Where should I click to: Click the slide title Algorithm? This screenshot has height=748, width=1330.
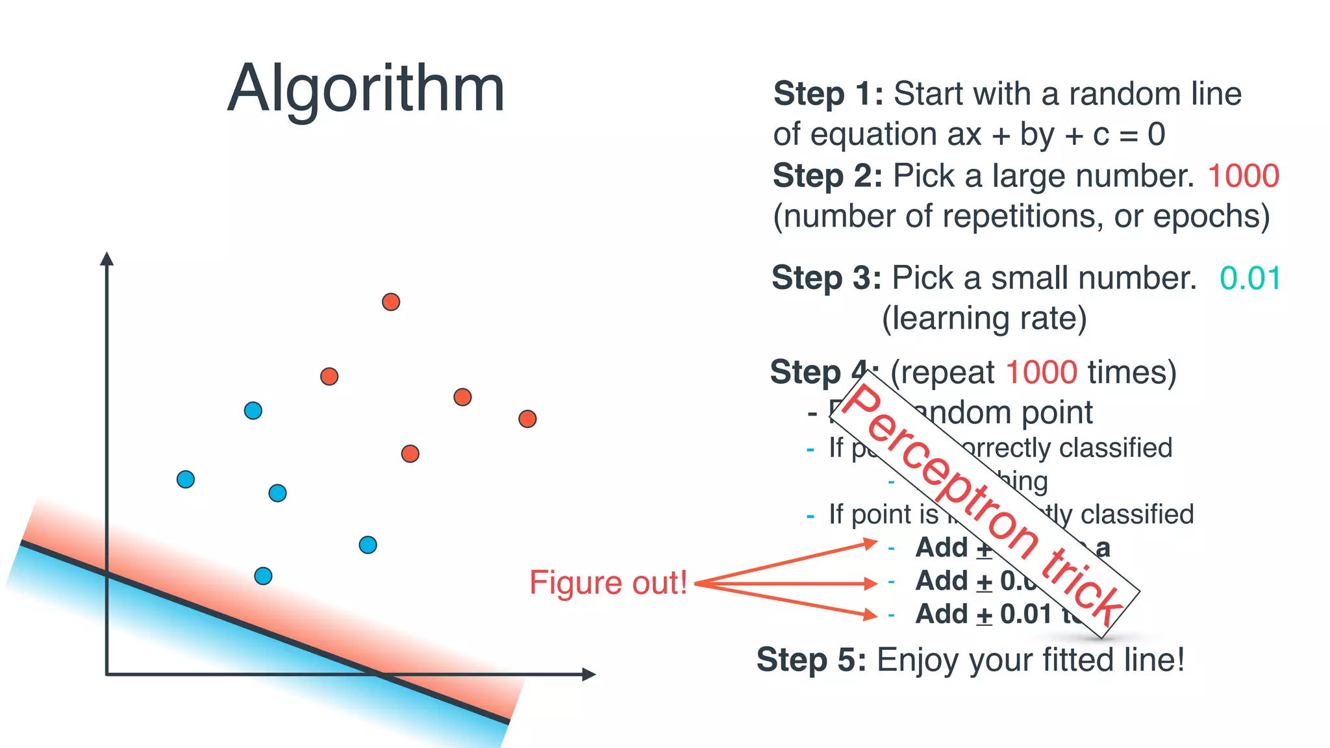pyautogui.click(x=366, y=89)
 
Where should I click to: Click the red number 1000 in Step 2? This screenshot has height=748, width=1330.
pyautogui.click(x=1243, y=176)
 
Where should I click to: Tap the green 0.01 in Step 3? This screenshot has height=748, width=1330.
pyautogui.click(x=1249, y=279)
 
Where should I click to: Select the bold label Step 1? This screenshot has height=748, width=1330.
pyautogui.click(x=828, y=94)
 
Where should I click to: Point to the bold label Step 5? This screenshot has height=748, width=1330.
pyautogui.click(x=811, y=660)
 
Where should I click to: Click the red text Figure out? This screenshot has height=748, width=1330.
pyautogui.click(x=608, y=582)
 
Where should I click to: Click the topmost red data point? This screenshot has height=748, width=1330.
pyautogui.click(x=391, y=302)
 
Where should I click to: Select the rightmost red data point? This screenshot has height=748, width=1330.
pyautogui.click(x=527, y=419)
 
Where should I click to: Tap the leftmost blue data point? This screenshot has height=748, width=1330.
pyautogui.click(x=186, y=479)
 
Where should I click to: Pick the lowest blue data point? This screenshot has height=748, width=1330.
pyautogui.click(x=263, y=576)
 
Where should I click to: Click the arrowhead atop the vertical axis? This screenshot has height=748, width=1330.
pyautogui.click(x=107, y=258)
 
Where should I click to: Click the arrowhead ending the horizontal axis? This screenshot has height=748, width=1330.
pyautogui.click(x=588, y=675)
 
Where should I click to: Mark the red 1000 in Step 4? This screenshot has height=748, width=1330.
pyautogui.click(x=1041, y=373)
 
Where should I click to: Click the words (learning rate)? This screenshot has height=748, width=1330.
pyautogui.click(x=984, y=319)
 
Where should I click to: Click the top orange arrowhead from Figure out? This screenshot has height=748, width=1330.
pyautogui.click(x=870, y=543)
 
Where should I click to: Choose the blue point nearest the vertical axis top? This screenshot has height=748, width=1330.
pyautogui.click(x=253, y=410)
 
